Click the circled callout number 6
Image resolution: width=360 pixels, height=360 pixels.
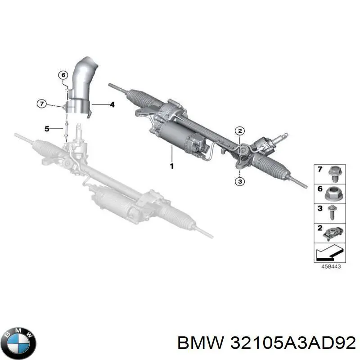[x=63, y=75]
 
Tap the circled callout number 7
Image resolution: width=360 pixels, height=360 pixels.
[x=42, y=104]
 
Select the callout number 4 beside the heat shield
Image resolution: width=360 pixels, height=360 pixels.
[x=112, y=105]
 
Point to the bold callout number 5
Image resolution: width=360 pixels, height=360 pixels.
[x=47, y=129]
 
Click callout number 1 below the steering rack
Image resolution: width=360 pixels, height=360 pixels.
[x=171, y=166]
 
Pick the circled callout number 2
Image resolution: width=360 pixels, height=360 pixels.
[x=240, y=131]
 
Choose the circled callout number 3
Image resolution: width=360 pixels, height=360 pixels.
[x=240, y=182]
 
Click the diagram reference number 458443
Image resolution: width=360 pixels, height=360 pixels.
[x=331, y=266]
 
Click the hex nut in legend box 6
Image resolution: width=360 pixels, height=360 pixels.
[x=333, y=194]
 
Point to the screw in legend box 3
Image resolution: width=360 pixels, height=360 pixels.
[x=332, y=212]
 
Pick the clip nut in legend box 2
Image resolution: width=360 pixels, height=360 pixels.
[x=333, y=234]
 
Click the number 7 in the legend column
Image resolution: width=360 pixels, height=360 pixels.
[x=320, y=169]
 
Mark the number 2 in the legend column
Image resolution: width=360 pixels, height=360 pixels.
[x=320, y=228]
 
